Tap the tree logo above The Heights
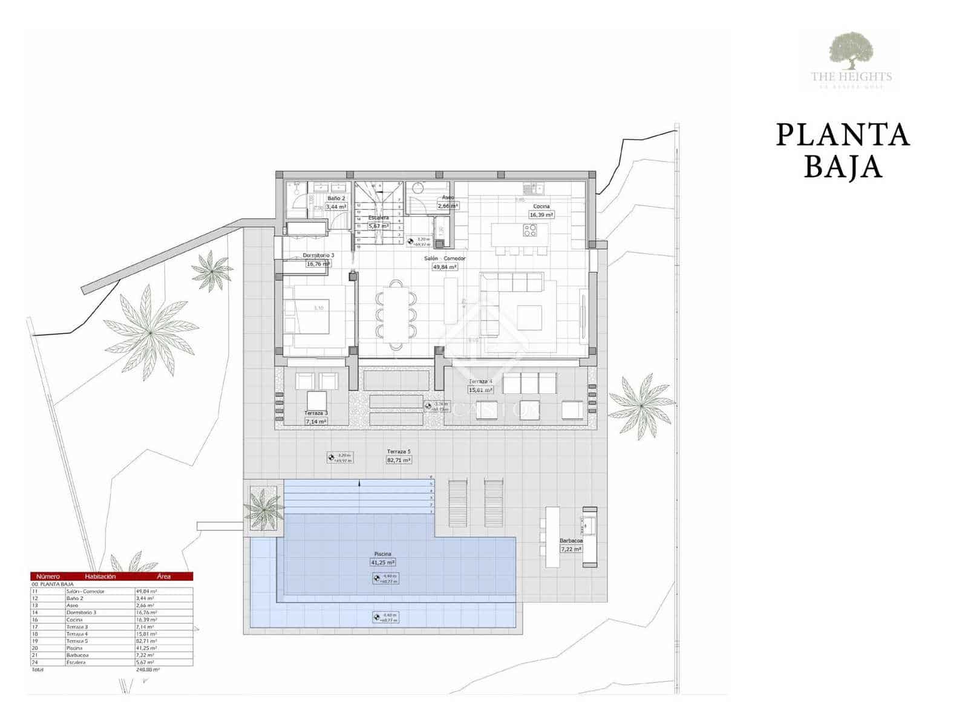[851, 51]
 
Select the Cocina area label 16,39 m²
[541, 215]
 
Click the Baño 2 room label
[336, 198]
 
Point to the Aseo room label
[448, 197]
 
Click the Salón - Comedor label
[445, 258]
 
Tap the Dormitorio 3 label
[318, 255]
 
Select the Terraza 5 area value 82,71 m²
[399, 460]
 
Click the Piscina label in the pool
[382, 554]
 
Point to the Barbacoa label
[571, 541]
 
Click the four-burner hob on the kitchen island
[530, 230]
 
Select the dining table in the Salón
[396, 315]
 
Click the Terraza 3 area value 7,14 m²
[316, 421]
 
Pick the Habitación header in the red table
[100, 577]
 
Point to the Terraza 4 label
[480, 382]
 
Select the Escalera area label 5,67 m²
[378, 226]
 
